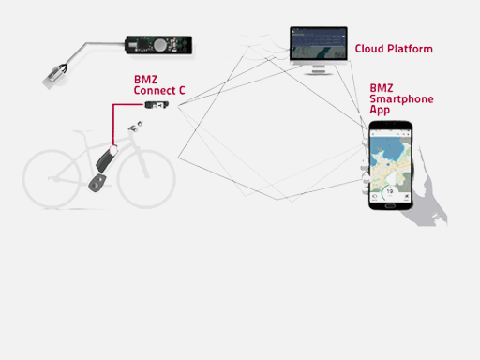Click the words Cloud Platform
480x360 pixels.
393,49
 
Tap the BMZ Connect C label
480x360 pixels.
158,86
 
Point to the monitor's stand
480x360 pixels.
318,68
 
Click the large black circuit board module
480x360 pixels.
158,44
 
